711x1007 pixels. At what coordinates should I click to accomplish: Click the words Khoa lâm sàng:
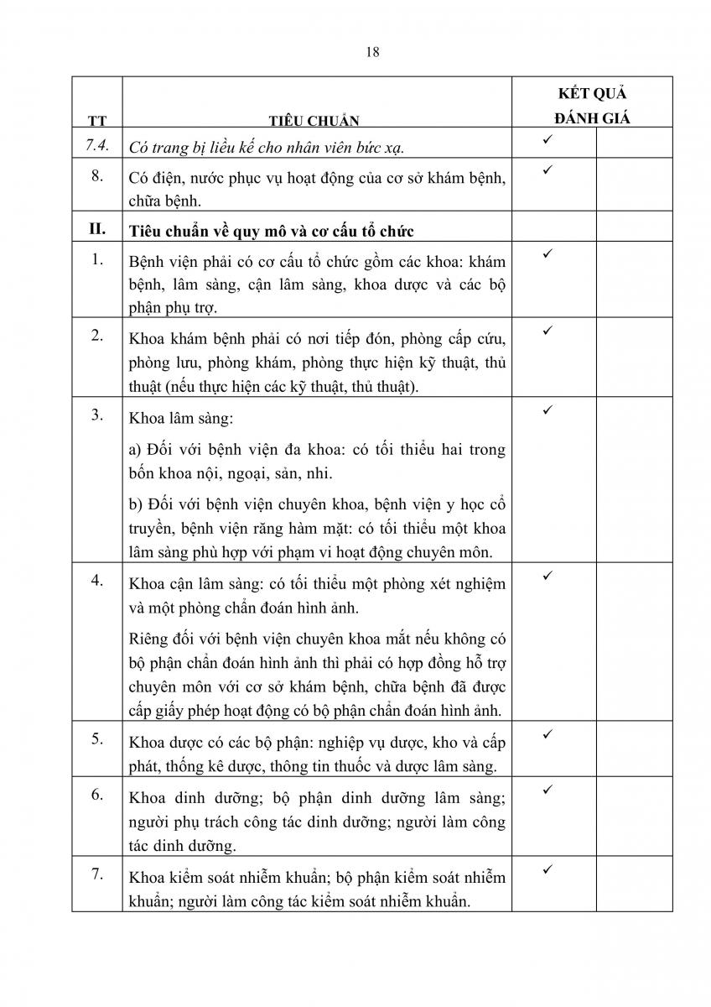172,417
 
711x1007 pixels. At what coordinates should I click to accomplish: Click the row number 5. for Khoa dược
97,739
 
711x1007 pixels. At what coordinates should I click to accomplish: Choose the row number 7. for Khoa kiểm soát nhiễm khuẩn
97,874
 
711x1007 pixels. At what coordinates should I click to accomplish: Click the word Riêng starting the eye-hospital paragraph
149,640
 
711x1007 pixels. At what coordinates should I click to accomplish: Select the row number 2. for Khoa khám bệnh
97,336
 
